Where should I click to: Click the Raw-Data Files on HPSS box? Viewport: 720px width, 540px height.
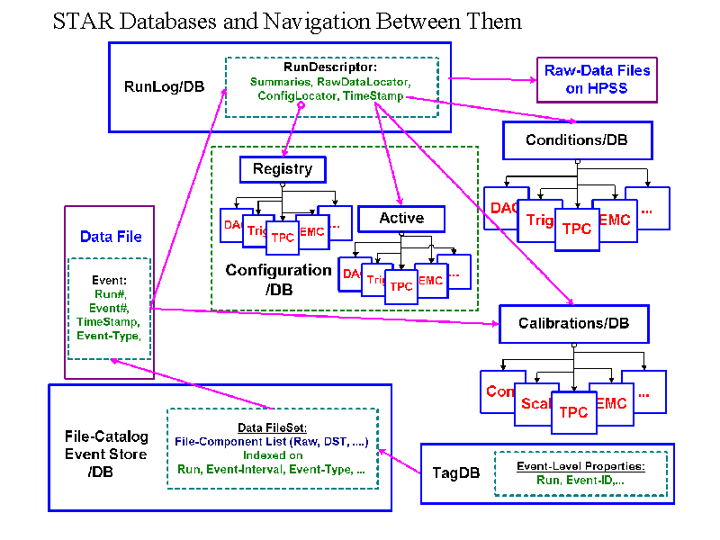(x=598, y=80)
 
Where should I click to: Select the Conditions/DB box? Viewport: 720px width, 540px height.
(x=577, y=140)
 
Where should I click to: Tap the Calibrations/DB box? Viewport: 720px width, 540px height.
(x=573, y=323)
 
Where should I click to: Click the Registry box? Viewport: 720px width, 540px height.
(x=283, y=169)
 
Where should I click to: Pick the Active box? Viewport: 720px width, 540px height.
(x=401, y=219)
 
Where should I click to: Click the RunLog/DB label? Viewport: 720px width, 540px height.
(x=164, y=86)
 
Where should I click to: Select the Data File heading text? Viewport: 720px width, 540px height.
(x=111, y=237)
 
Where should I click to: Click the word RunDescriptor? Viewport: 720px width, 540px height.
(x=330, y=67)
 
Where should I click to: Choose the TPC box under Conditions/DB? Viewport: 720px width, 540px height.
(x=577, y=229)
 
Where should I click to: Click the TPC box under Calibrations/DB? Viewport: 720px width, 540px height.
(x=573, y=412)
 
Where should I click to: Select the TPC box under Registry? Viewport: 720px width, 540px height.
(x=283, y=238)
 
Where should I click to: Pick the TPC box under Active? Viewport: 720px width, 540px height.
(x=401, y=286)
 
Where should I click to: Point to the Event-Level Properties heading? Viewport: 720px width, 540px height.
(x=580, y=466)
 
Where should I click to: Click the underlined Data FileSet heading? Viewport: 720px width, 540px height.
(x=272, y=427)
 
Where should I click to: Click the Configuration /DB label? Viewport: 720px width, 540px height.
(x=278, y=278)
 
